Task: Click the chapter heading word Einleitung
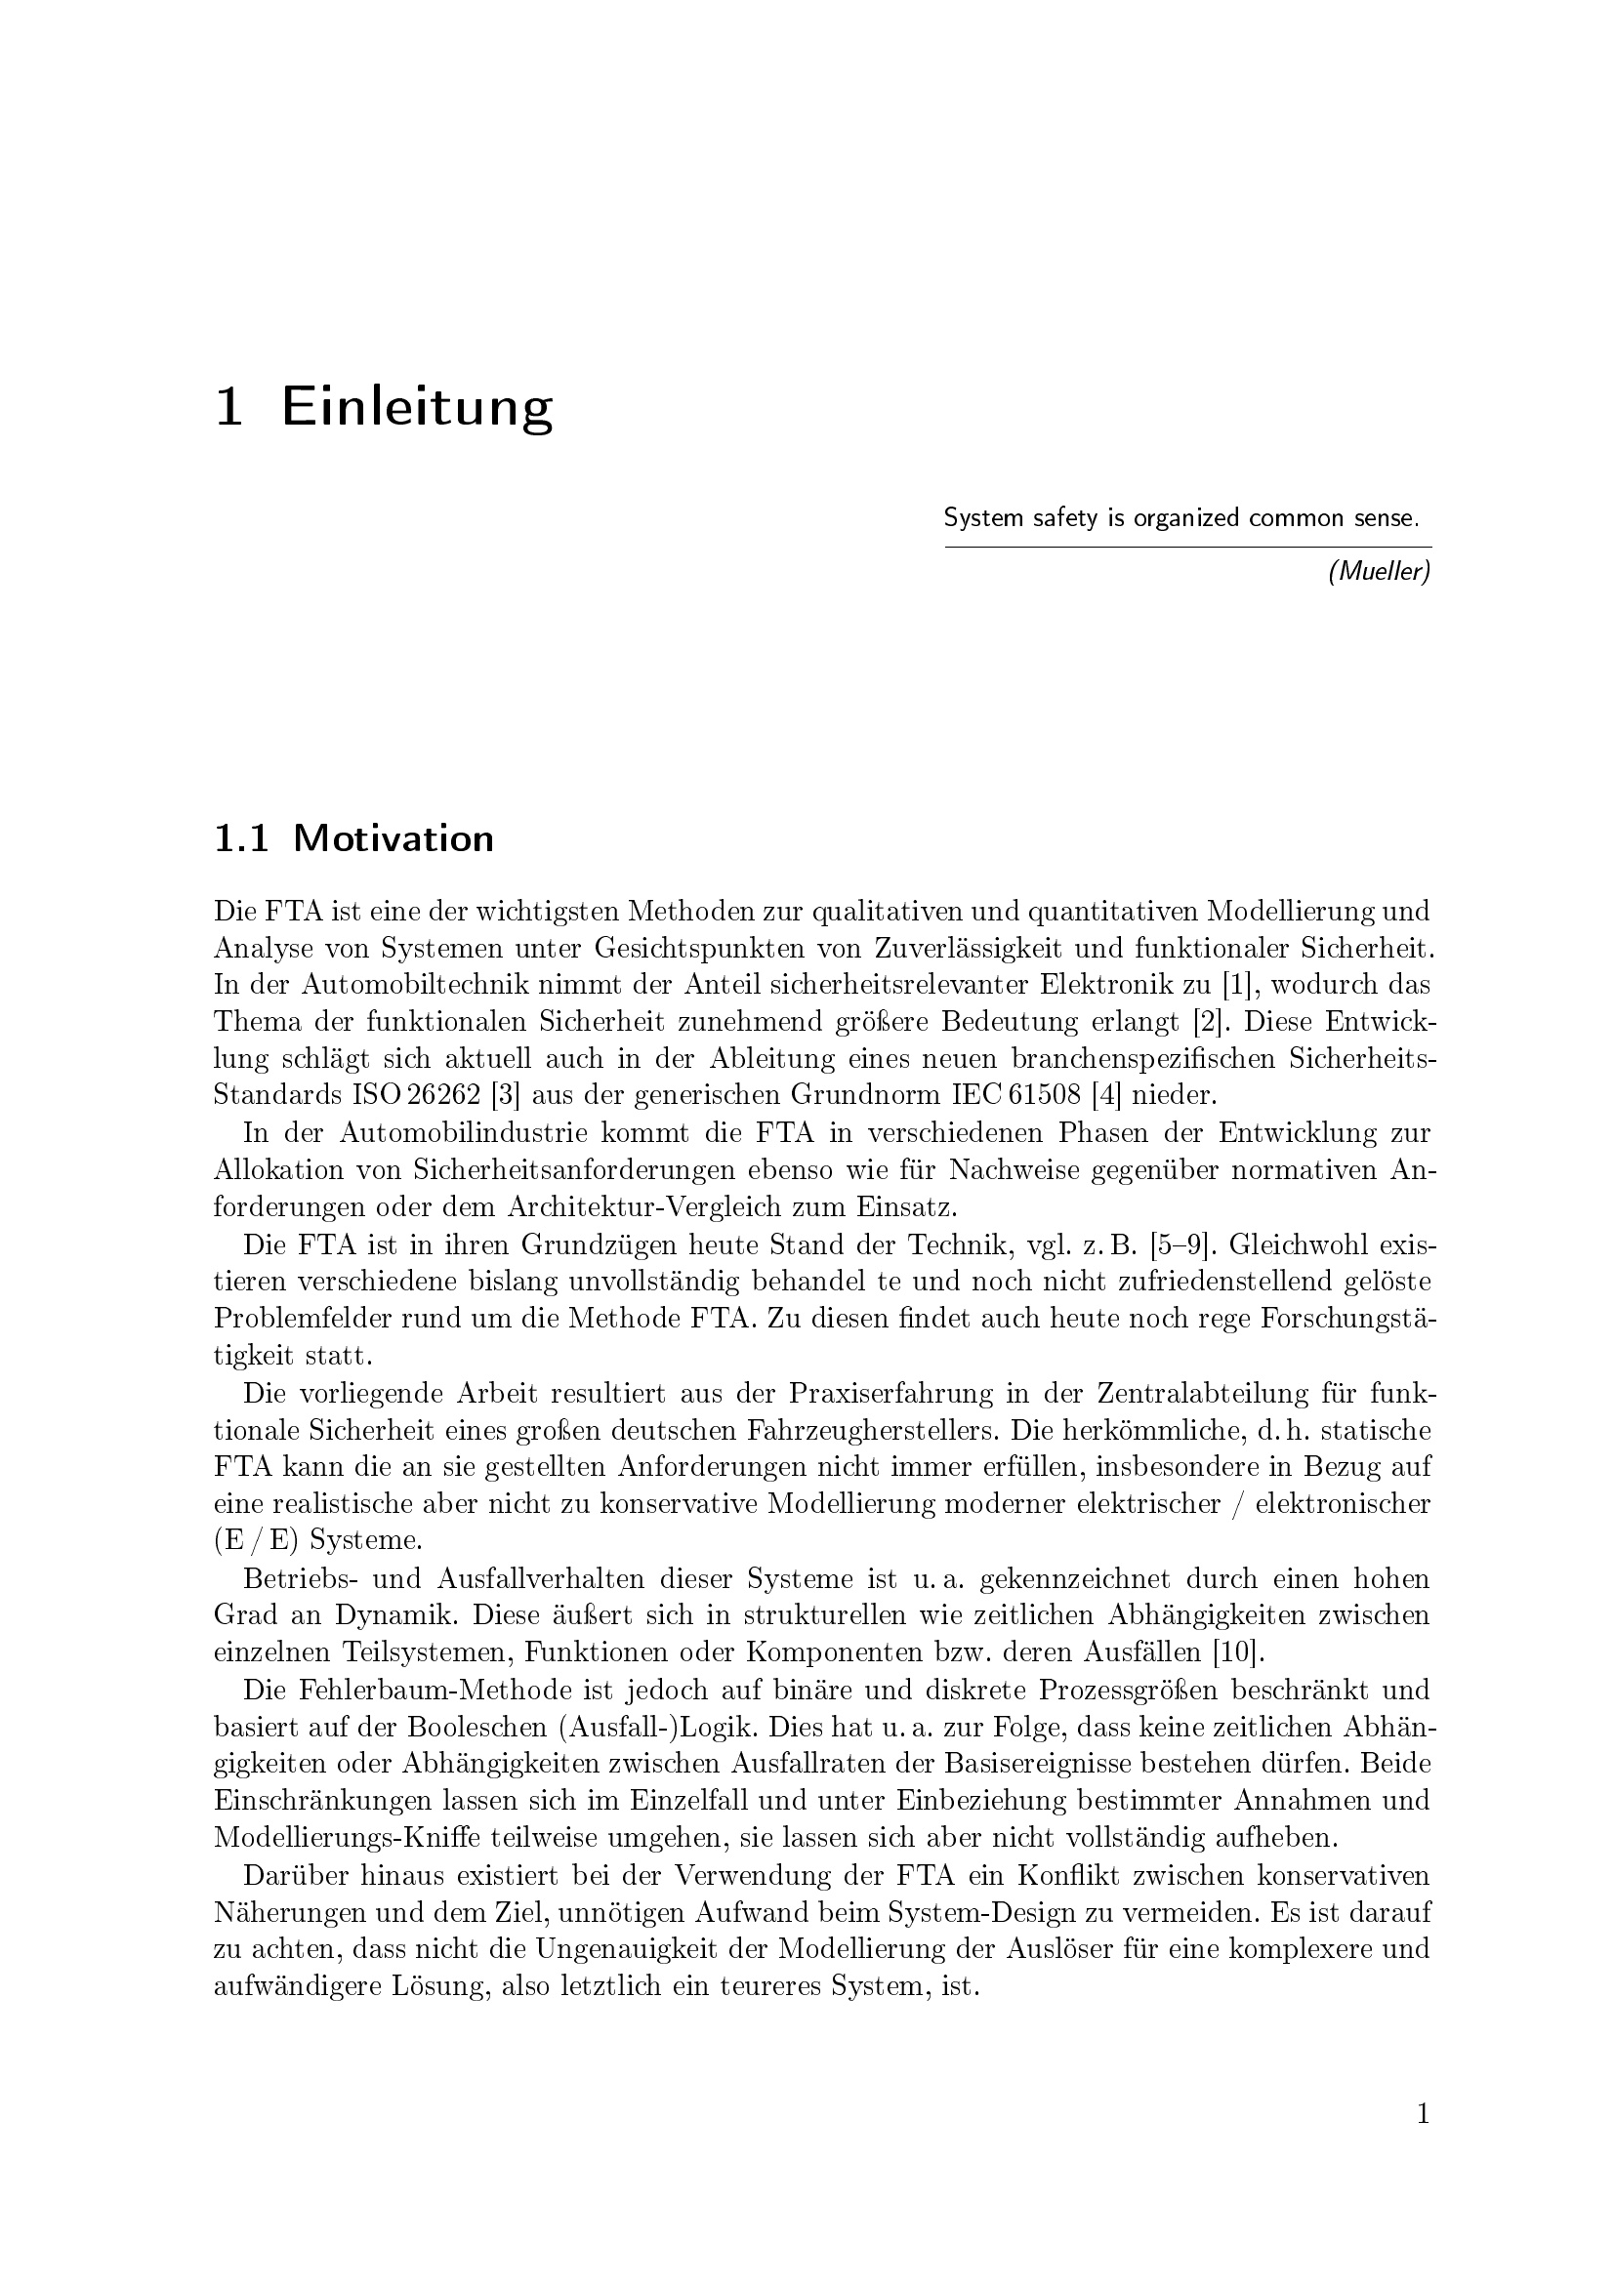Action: pyautogui.click(x=417, y=407)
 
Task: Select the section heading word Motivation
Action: pyautogui.click(x=393, y=839)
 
